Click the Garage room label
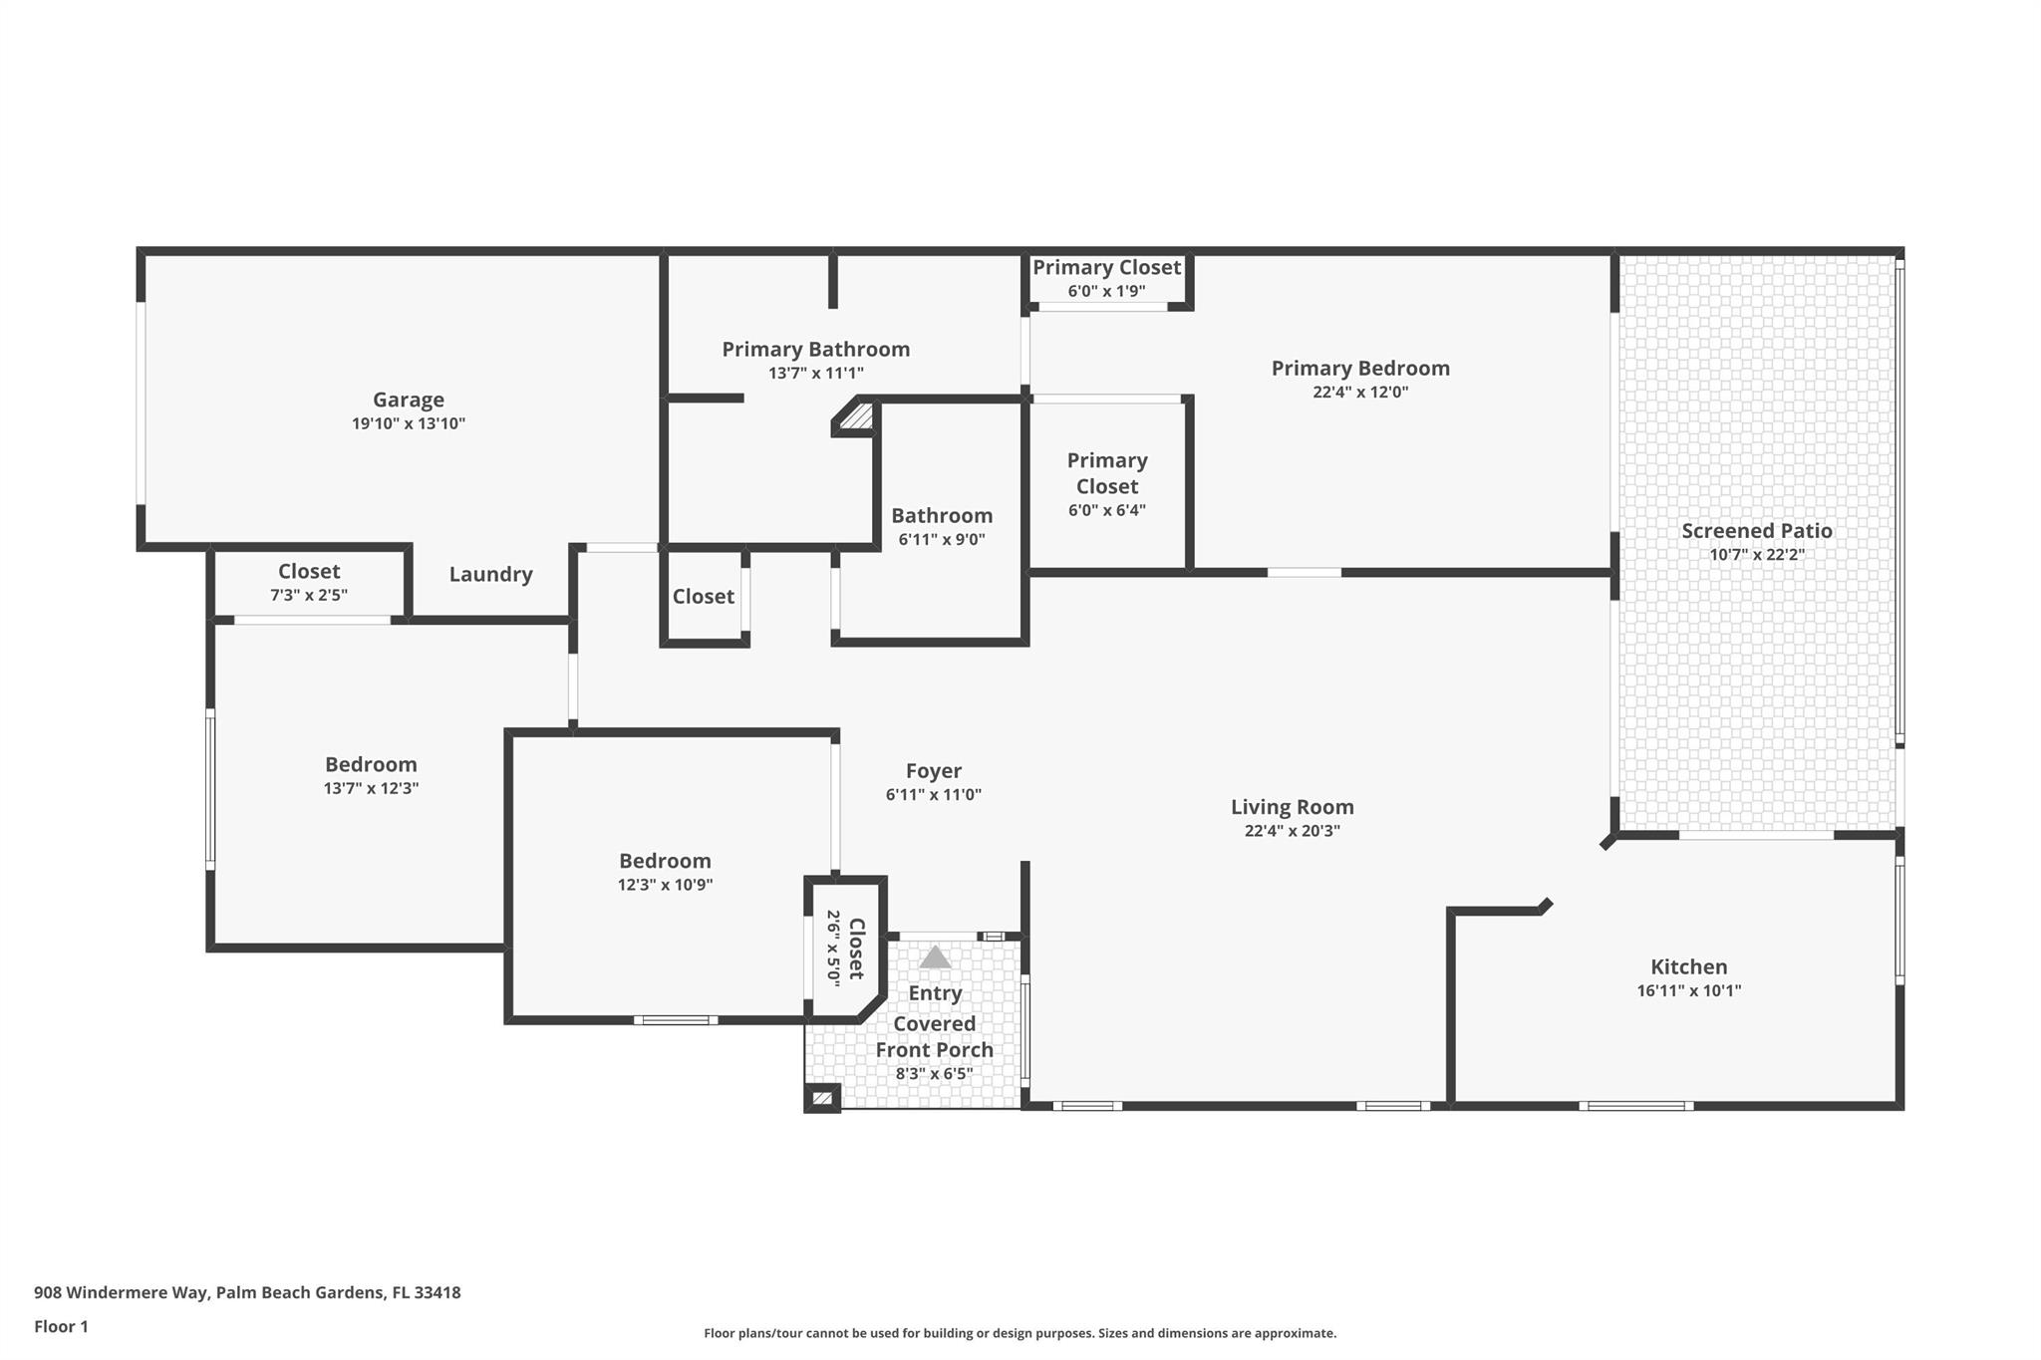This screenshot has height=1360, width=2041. [408, 400]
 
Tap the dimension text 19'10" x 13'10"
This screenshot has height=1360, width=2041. [408, 423]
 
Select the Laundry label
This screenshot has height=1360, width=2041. [490, 574]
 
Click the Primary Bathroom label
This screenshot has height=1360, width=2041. [815, 349]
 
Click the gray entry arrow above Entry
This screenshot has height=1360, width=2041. [934, 957]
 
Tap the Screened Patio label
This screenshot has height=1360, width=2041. [1756, 531]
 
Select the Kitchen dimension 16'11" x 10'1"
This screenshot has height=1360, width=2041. [1688, 990]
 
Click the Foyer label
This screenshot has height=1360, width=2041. [933, 771]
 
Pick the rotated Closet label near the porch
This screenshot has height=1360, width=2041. [856, 949]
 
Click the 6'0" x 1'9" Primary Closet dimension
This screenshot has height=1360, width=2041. [1106, 291]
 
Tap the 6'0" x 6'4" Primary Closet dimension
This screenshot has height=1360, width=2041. [1106, 510]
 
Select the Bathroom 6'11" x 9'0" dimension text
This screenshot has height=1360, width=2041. [941, 539]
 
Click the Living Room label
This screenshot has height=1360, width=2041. [1292, 807]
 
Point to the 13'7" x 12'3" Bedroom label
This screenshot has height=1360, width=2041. [371, 764]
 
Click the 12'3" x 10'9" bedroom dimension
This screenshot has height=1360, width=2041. [665, 885]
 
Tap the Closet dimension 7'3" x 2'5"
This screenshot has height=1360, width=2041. [309, 595]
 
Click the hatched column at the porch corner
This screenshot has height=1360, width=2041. [822, 1098]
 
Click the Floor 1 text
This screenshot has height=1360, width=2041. [61, 1326]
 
